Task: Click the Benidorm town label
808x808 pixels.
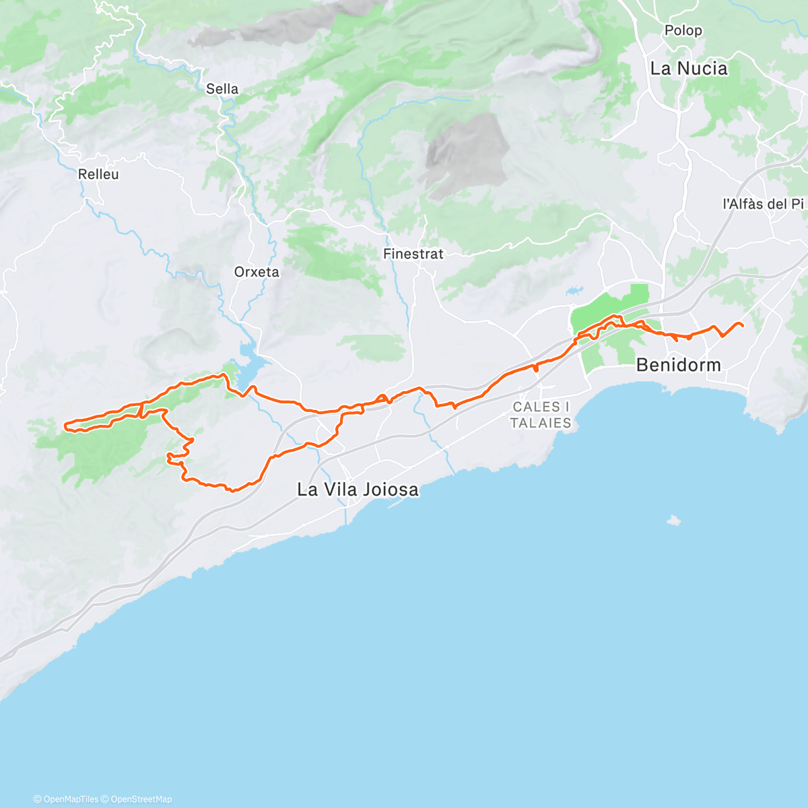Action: coord(678,365)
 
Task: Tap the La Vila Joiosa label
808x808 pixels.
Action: coord(358,490)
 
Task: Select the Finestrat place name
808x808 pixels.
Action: coord(413,255)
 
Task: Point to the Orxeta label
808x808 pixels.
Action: coord(257,272)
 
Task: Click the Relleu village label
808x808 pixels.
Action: coord(98,174)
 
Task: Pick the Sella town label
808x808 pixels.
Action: coord(222,89)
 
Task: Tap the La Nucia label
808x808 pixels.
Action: coord(689,69)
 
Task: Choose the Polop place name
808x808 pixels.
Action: coord(683,30)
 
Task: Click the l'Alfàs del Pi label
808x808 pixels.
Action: coord(763,204)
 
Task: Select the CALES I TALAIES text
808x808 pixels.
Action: coord(541,415)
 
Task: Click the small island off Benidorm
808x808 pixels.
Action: coord(673,520)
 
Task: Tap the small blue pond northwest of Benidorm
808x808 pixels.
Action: coord(574,292)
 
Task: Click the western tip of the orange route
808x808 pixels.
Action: coord(65,425)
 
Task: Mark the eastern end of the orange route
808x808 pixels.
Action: coord(743,327)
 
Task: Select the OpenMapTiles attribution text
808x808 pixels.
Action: coord(70,799)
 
